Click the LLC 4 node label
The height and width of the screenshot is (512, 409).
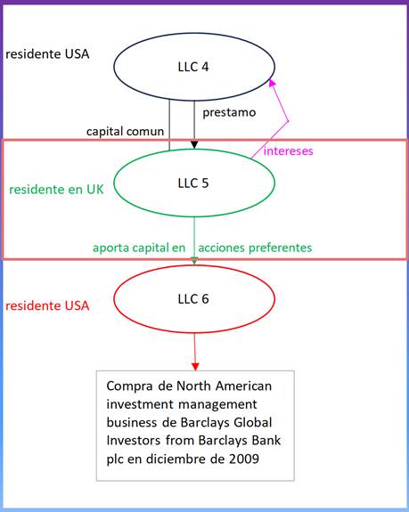click(193, 67)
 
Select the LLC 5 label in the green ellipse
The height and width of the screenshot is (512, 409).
click(193, 183)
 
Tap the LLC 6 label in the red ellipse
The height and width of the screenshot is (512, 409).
click(193, 299)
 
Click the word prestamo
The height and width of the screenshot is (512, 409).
click(229, 113)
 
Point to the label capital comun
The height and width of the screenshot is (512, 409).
click(125, 132)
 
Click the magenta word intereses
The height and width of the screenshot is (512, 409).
click(288, 150)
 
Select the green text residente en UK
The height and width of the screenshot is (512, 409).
click(56, 190)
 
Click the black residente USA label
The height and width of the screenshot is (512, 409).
click(47, 54)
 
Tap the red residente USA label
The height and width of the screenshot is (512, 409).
click(47, 306)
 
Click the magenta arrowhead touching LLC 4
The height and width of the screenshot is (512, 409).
click(272, 83)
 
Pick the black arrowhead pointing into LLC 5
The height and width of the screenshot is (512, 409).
click(194, 144)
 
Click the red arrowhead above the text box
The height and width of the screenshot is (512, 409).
click(195, 366)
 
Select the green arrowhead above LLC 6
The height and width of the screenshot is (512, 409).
click(194, 261)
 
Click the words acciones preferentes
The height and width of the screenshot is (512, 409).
click(255, 248)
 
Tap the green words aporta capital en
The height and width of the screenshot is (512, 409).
click(139, 248)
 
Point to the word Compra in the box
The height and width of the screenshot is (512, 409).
click(129, 386)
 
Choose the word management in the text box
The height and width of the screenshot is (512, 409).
click(217, 405)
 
